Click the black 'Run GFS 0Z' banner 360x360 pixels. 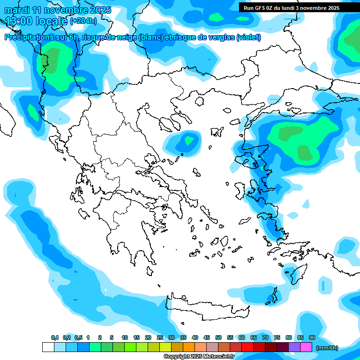tap(295, 7)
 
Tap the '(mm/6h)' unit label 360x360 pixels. tap(327, 348)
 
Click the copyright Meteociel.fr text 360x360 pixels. tap(199, 357)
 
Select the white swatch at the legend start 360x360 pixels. tap(48, 347)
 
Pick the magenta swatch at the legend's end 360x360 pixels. tap(306, 347)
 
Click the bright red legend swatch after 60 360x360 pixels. tap(247, 347)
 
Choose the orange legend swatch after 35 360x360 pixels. tap(189, 347)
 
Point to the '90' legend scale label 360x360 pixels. tap(312, 338)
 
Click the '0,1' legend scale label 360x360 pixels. tap(55, 338)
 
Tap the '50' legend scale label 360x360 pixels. tap(218, 338)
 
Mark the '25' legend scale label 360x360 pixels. tap(160, 338)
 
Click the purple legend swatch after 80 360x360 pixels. tap(294, 347)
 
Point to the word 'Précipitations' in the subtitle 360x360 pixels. tap(28, 37)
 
